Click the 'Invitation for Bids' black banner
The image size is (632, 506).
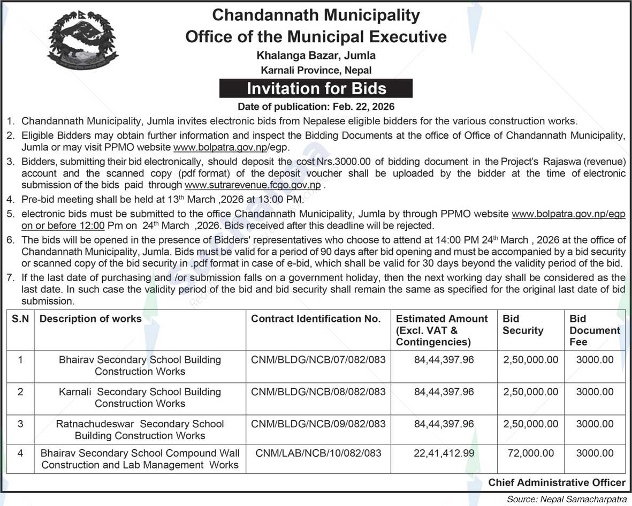click(316, 88)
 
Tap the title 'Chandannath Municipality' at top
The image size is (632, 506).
click(316, 16)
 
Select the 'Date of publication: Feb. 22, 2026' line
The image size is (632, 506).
click(316, 106)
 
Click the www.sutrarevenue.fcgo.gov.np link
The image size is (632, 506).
click(253, 185)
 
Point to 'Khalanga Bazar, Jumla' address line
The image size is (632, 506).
click(316, 55)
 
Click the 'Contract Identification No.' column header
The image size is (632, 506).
click(316, 319)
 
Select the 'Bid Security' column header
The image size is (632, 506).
click(523, 324)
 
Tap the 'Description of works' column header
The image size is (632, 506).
click(90, 319)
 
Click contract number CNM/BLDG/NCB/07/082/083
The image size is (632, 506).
click(318, 360)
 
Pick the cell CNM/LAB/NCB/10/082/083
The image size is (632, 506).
click(318, 454)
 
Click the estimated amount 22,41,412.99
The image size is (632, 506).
click(444, 454)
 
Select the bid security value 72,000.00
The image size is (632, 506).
click(530, 454)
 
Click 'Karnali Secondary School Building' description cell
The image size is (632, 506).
click(140, 397)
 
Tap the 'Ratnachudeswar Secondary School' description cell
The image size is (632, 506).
click(140, 429)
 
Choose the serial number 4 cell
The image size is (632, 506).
click(20, 454)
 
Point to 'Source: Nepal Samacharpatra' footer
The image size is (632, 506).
click(567, 499)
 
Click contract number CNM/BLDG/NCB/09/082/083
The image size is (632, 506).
click(318, 424)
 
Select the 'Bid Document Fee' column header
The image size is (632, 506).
click(595, 330)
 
